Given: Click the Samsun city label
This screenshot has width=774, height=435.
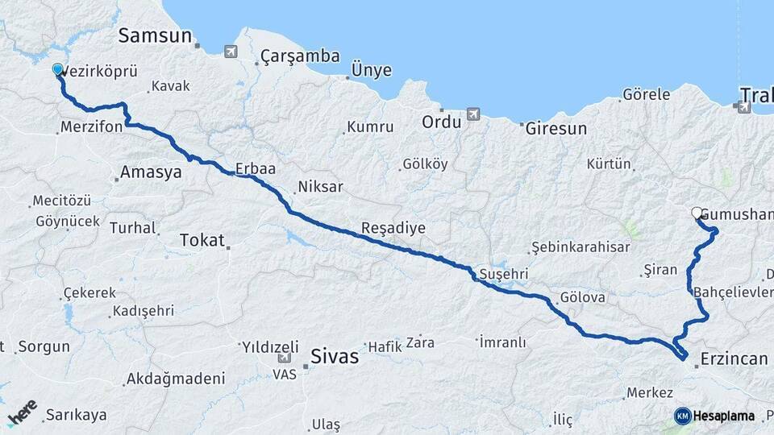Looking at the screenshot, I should pyautogui.click(x=155, y=35).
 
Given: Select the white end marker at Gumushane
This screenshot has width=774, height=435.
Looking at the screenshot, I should pyautogui.click(x=697, y=213).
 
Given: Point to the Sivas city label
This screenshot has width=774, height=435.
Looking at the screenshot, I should pyautogui.click(x=334, y=355).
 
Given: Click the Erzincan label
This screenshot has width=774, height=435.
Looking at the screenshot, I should pyautogui.click(x=734, y=358).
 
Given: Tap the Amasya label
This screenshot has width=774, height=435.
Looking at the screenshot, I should pyautogui.click(x=151, y=172).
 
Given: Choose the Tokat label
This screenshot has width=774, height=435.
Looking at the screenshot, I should pyautogui.click(x=202, y=239).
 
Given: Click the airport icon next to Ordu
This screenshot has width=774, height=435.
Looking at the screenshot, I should pyautogui.click(x=473, y=114).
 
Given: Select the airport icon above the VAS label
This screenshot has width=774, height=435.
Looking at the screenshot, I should pyautogui.click(x=285, y=358).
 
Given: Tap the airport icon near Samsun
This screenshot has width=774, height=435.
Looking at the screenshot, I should pyautogui.click(x=231, y=52).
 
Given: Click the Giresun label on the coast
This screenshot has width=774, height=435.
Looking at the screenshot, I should pyautogui.click(x=556, y=128).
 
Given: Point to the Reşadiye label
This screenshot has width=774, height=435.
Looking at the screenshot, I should pyautogui.click(x=393, y=228).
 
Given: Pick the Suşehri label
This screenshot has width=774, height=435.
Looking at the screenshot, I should pyautogui.click(x=503, y=274).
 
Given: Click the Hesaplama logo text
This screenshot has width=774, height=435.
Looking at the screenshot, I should pyautogui.click(x=723, y=416).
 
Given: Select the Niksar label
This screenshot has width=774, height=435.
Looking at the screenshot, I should pyautogui.click(x=320, y=187).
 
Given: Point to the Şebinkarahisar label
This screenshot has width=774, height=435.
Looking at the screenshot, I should pyautogui.click(x=580, y=247).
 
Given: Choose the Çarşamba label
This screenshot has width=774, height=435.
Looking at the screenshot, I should pyautogui.click(x=299, y=57).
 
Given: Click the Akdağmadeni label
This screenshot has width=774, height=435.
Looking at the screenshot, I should pyautogui.click(x=175, y=379).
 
